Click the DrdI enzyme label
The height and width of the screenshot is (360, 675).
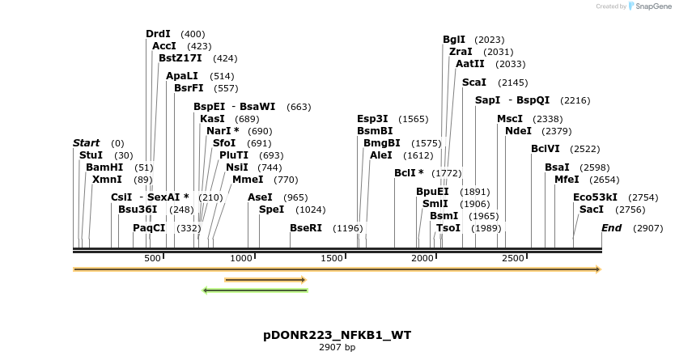[x=158, y=34]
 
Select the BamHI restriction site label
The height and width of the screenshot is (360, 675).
[x=104, y=167]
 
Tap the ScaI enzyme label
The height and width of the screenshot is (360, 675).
[x=473, y=83]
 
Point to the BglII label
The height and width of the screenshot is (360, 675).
[x=454, y=40]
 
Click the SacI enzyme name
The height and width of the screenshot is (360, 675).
[x=592, y=210]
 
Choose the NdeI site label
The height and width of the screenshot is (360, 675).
[x=518, y=131]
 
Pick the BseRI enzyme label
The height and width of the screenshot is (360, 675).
[x=306, y=228]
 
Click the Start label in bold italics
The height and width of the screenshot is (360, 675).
[x=86, y=143]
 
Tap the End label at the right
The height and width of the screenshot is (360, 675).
[x=611, y=228]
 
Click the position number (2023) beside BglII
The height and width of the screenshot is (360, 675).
[x=490, y=40]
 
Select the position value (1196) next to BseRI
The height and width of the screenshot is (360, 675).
[x=348, y=228]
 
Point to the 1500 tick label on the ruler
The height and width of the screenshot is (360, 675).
[x=333, y=258]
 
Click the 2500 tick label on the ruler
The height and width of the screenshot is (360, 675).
[x=514, y=258]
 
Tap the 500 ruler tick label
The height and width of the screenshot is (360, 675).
[x=152, y=258]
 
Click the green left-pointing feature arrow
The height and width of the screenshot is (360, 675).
[x=255, y=290]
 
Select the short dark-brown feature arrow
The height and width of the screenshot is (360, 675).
[x=265, y=280]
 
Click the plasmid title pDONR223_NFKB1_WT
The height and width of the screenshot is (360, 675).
[x=337, y=335]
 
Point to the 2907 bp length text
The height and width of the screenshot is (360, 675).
[x=337, y=348]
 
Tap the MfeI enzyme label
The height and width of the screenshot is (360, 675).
[x=567, y=180]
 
